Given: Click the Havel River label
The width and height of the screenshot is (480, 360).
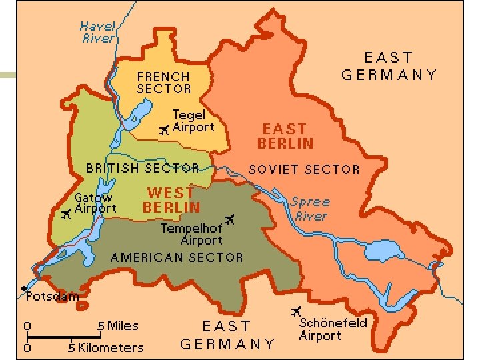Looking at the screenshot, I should point(97,32).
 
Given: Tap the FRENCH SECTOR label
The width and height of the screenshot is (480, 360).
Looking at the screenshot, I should point(163,83).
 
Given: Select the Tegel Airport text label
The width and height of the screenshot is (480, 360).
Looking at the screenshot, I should point(193,121).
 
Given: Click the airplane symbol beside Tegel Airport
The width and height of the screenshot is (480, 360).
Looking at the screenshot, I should point(164,131).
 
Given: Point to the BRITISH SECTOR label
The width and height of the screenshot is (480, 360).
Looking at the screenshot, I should point(142,168).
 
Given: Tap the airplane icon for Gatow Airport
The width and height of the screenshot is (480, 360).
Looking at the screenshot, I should point(66,214).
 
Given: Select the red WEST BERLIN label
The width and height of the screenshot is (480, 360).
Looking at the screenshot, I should point(171,200).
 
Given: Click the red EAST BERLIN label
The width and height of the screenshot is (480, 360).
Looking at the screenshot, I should point(285,136).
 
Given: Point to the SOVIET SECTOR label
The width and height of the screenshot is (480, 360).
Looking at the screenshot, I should point(304,169).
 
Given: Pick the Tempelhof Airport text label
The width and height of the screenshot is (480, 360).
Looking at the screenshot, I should point(191,234).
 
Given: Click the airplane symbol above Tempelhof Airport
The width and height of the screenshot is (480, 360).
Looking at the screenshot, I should point(231,219).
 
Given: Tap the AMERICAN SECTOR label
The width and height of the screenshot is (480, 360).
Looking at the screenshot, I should point(176,257).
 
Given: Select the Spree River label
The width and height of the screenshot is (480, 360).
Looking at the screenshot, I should point(310,209).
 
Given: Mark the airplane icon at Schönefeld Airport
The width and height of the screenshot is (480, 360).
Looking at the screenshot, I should point(296,311).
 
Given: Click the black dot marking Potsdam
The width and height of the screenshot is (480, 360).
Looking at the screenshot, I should point(23,289).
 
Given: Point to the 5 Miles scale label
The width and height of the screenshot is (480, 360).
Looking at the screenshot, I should point(118,326).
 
